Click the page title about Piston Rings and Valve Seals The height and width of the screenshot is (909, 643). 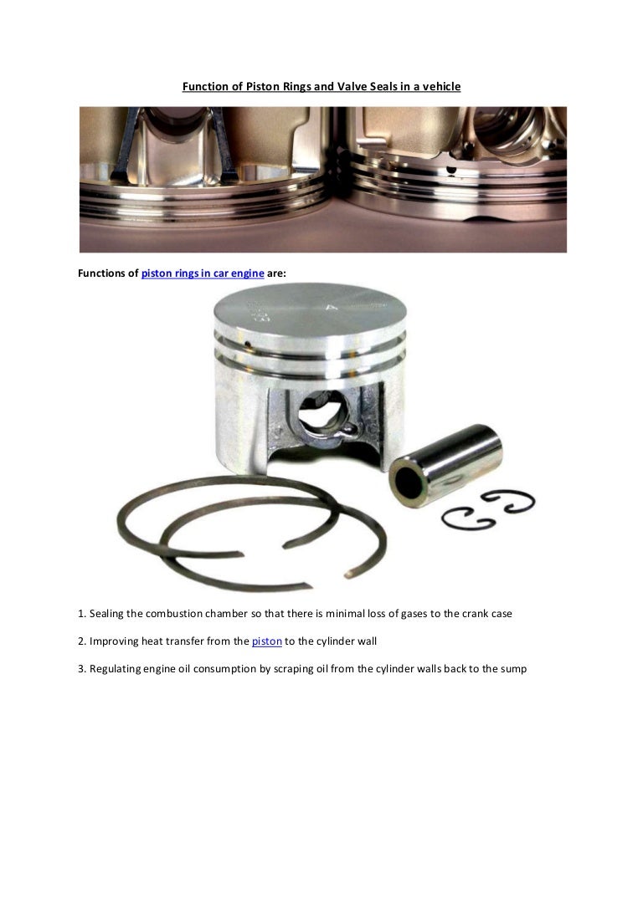[x=321, y=85]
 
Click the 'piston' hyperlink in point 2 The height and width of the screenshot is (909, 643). [x=266, y=641]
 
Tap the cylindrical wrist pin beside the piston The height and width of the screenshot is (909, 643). [x=445, y=465]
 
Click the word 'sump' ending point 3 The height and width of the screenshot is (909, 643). [x=513, y=669]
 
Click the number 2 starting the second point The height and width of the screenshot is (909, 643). [x=80, y=641]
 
